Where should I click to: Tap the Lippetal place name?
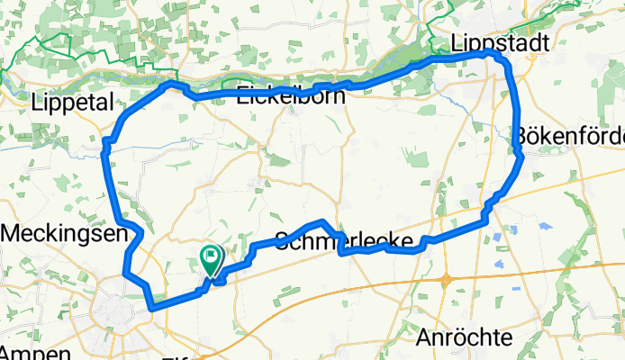70,102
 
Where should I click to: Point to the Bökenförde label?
569,137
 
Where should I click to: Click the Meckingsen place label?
63,233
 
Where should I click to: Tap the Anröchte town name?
466,337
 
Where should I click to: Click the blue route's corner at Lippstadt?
493,55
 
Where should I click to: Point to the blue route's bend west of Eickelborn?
169,85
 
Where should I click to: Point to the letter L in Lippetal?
37,102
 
